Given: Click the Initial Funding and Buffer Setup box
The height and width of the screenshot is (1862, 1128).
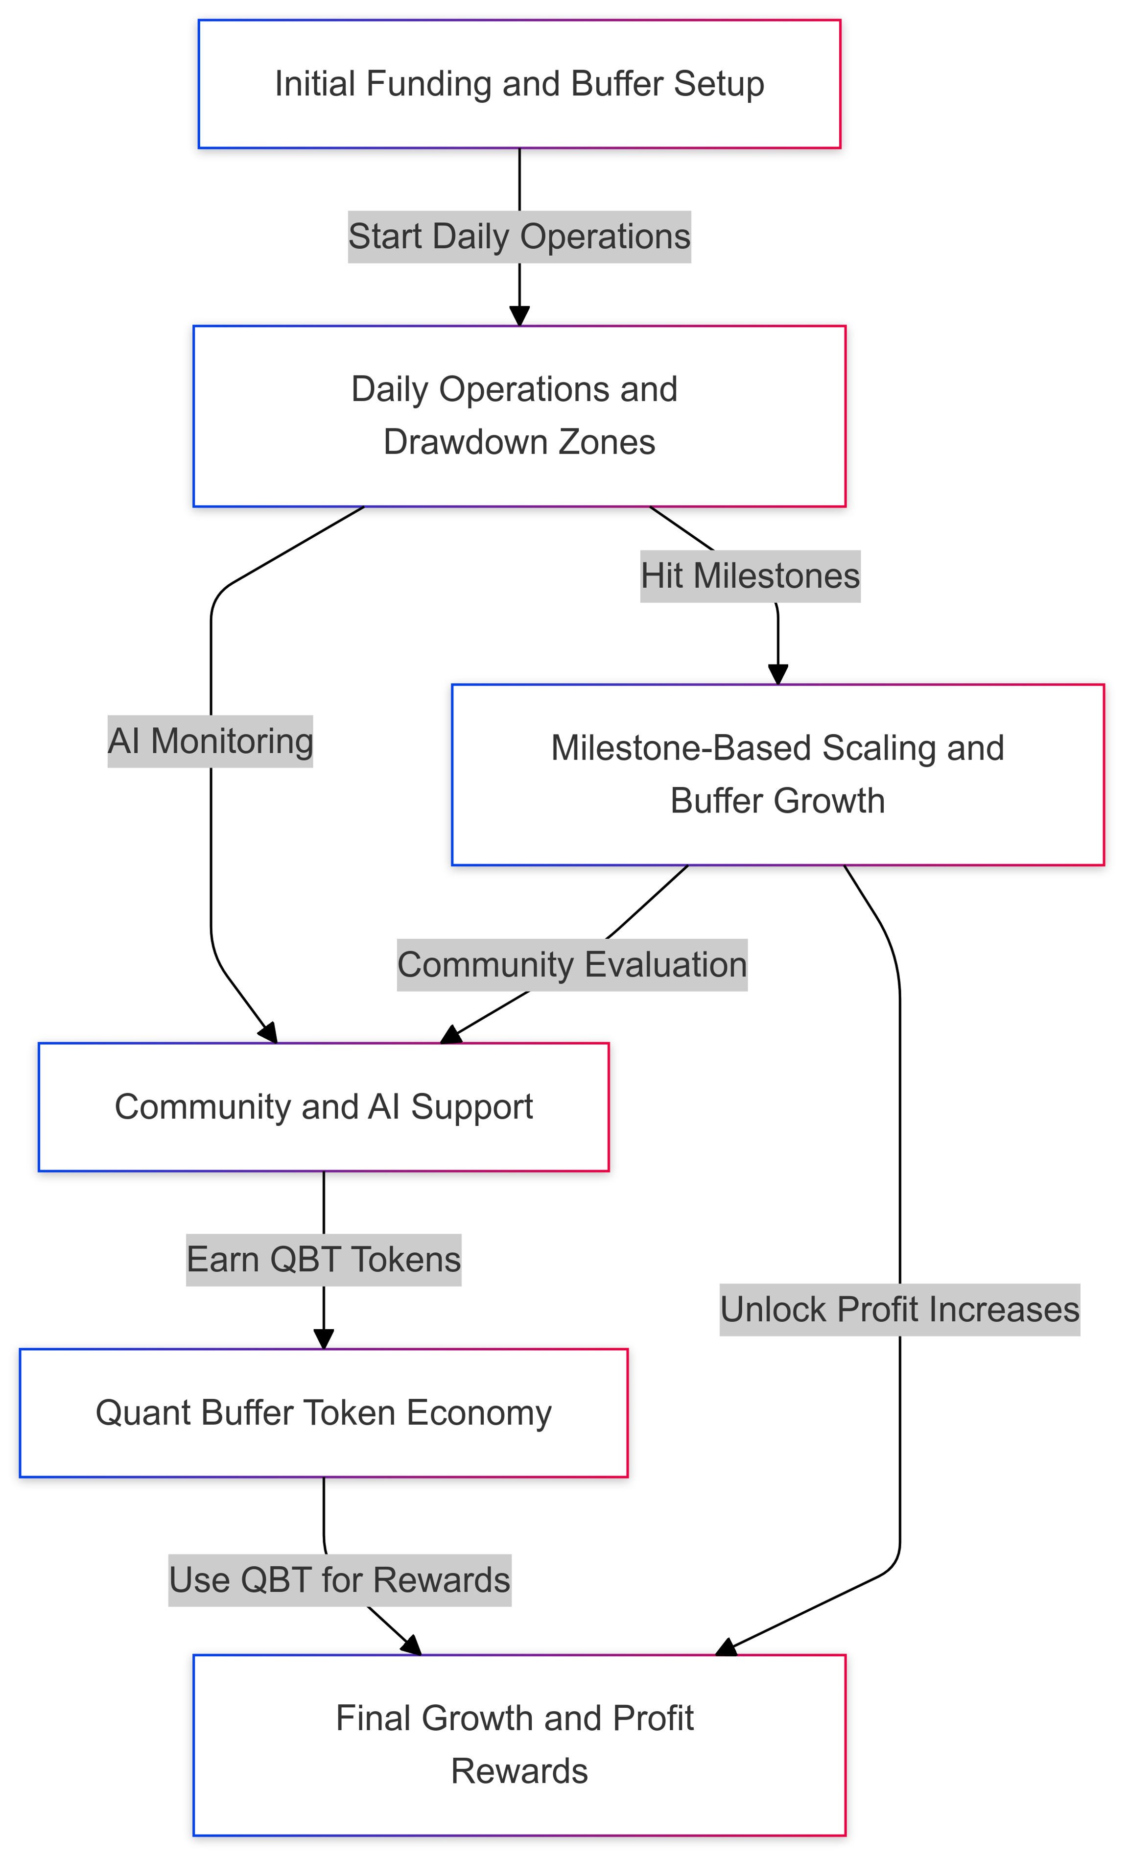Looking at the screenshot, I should [519, 84].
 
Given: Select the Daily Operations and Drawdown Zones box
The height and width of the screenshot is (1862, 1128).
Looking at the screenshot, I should [519, 416].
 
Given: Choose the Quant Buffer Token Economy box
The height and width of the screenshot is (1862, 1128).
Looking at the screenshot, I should [323, 1412].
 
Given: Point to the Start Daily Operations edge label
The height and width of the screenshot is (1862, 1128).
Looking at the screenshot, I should [519, 237].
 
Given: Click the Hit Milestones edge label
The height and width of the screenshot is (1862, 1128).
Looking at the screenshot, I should [750, 576].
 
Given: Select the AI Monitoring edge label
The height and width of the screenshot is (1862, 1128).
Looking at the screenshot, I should [210, 741].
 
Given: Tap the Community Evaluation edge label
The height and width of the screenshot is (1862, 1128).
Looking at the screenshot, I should [572, 965].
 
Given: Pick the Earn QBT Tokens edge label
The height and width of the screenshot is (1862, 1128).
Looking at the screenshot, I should [323, 1260].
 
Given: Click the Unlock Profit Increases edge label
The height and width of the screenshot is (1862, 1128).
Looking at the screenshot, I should [899, 1310].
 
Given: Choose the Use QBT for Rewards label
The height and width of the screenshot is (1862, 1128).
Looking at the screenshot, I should [339, 1579].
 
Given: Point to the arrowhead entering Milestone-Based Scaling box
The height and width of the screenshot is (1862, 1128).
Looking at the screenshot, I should [777, 675].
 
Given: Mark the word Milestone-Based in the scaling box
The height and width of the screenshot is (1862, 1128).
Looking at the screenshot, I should [681, 748].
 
